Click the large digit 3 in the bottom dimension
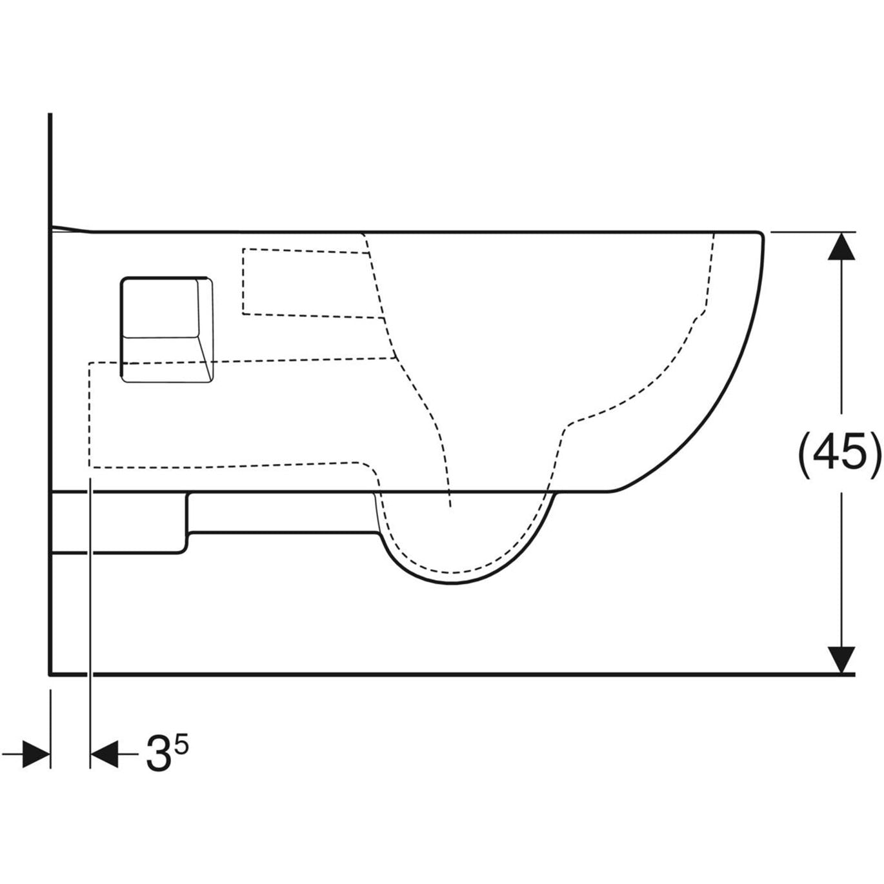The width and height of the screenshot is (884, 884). [x=159, y=754]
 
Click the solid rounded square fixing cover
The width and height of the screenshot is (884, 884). [x=166, y=329]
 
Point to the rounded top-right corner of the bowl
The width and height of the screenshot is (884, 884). [x=760, y=235]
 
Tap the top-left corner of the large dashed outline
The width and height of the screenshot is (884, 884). [x=90, y=364]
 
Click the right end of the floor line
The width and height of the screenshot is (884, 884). [x=853, y=674]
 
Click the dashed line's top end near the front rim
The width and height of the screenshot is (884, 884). [x=714, y=234]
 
